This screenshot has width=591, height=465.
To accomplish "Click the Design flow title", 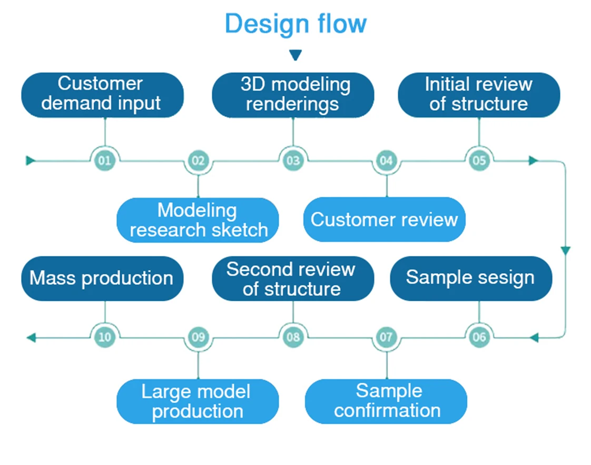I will (295, 24).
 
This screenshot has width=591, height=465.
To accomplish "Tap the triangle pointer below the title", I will (295, 55).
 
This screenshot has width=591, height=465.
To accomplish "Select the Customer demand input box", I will (102, 94).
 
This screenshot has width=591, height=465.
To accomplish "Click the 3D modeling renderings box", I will (293, 94).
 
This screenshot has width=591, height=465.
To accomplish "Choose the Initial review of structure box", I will (479, 94).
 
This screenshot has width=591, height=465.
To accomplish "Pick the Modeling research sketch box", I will (198, 220).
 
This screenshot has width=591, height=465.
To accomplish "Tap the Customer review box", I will (385, 220).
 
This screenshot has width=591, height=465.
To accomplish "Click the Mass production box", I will (102, 278).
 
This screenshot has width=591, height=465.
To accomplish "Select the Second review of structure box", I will (293, 279).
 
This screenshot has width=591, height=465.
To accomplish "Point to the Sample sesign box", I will (471, 278).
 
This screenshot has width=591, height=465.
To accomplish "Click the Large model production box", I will (198, 401).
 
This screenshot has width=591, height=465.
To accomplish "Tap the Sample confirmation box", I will (386, 401).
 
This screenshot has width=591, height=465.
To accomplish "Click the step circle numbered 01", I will (105, 160).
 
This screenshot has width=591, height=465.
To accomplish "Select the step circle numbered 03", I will (293, 160).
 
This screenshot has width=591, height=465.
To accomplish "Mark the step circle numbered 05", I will (479, 160).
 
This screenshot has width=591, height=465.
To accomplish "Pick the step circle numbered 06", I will (479, 337).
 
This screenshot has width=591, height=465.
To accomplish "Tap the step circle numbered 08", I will (293, 337).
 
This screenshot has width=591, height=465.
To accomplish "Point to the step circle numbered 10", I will (105, 337).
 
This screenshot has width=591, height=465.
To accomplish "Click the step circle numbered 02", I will (198, 160).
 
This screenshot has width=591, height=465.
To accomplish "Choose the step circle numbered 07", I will (387, 337).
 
